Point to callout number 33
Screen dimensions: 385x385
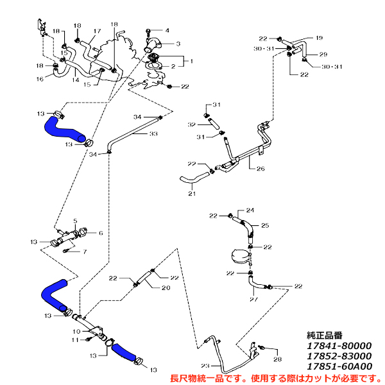[153, 134]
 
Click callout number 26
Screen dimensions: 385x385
[261, 169]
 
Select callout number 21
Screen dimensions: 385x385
[192, 193]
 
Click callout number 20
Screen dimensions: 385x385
[165, 288]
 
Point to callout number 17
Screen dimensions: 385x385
[98, 31]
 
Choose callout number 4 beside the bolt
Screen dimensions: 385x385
[167, 30]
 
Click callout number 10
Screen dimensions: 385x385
[76, 331]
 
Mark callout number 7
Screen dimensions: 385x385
[84, 251]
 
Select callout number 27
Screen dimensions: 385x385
[253, 299]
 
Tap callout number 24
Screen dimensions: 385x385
[250, 210]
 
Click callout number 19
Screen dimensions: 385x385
[319, 38]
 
